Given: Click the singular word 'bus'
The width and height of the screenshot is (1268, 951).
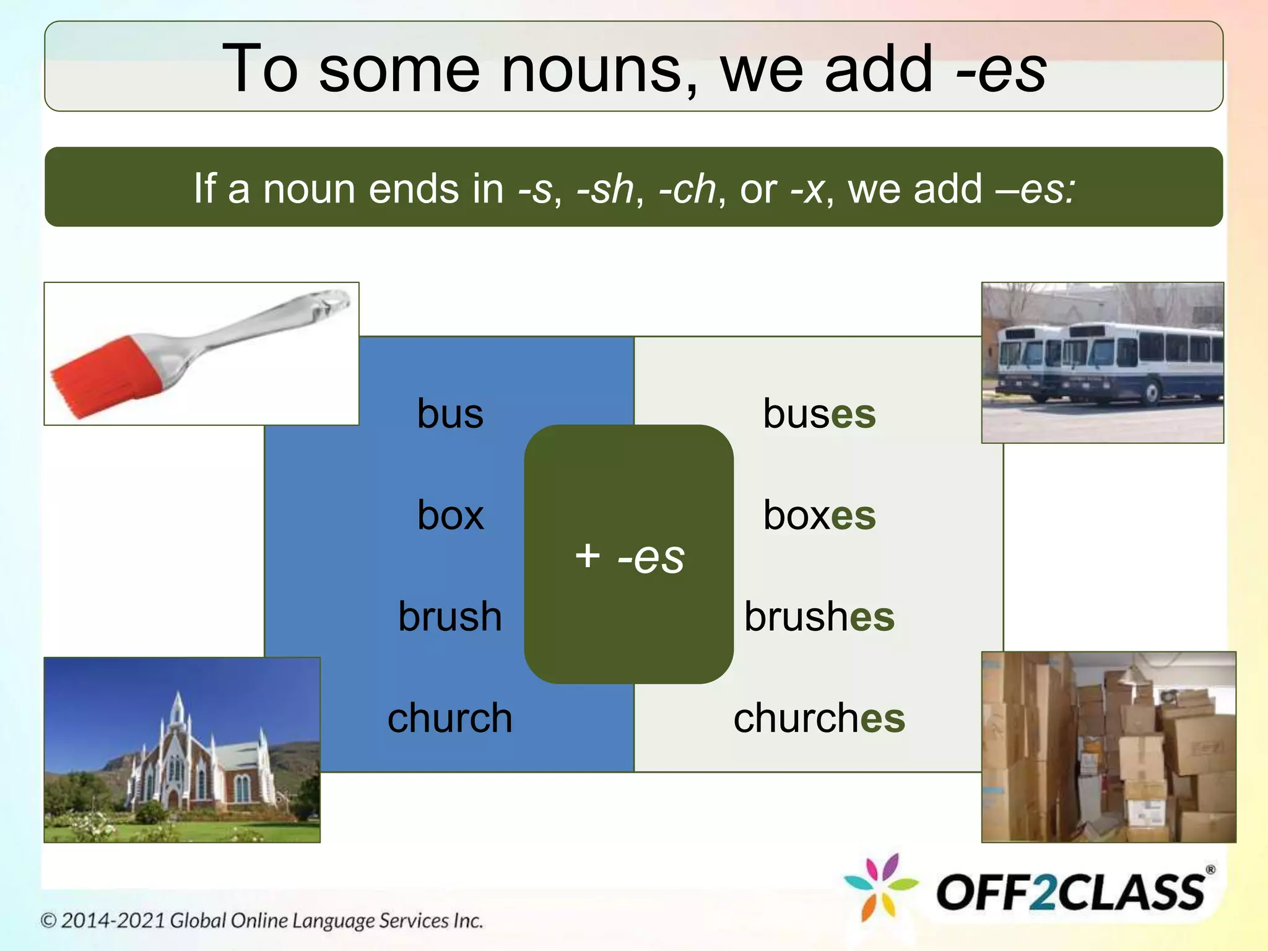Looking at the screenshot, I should pos(450,414).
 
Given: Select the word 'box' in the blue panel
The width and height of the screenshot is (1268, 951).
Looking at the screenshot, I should pos(450,515).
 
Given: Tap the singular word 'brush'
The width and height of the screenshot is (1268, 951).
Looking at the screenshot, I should pos(450,617).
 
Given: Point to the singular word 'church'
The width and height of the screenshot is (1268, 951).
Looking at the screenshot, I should pos(450,718).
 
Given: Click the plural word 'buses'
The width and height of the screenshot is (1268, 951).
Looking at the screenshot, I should pos(819,414).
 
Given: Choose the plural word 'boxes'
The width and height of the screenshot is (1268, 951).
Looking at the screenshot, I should pos(819,515).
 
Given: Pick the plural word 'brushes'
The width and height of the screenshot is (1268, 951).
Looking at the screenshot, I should pos(819,617).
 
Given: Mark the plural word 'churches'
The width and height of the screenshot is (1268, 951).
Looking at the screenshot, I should pos(819,718).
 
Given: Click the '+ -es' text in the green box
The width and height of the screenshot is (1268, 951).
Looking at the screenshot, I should pos(629,556).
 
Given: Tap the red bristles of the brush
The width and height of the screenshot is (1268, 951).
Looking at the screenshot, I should pos(102,378).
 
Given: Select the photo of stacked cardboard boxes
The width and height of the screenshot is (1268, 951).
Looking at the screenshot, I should pos(1108,747).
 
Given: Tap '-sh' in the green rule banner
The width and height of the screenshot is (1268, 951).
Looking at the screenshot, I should pos(605,188).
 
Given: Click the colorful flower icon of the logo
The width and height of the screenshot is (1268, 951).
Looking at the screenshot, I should pos(880,887).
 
